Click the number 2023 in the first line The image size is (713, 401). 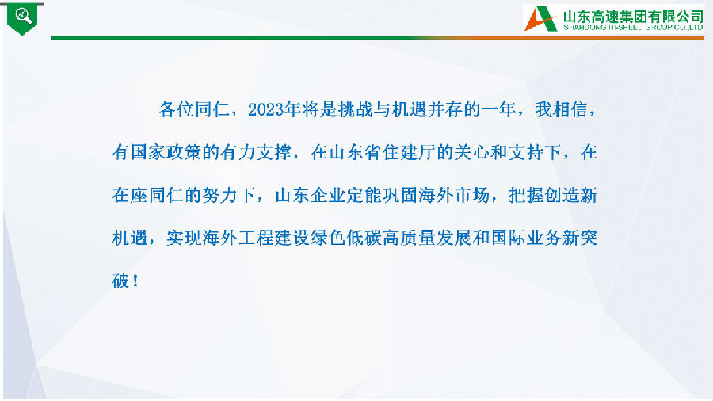coord(265,109)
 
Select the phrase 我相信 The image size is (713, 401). coord(561,109)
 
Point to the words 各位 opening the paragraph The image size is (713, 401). coord(177,109)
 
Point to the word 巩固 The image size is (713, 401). coord(400,196)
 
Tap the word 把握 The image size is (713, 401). coord(526,196)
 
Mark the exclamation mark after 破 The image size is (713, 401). coord(135,281)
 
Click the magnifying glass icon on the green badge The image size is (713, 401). coord(23,16)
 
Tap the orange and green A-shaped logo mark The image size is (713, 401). coord(541,18)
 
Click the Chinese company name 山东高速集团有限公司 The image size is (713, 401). coord(634,17)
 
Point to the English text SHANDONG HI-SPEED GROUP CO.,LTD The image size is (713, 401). coord(634,28)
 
